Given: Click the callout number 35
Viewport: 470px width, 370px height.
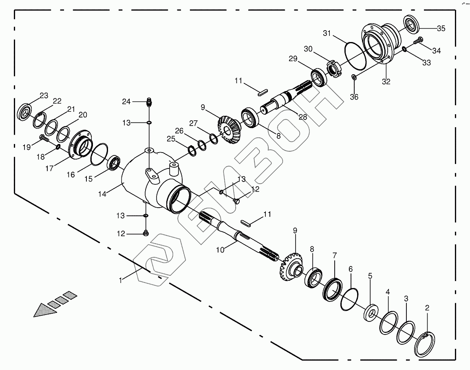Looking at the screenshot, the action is (x=441, y=29).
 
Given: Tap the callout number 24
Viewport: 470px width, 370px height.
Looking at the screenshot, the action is (x=126, y=102).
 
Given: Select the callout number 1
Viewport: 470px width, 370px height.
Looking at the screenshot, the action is (x=121, y=280).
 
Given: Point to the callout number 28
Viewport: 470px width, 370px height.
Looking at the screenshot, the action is (x=303, y=117).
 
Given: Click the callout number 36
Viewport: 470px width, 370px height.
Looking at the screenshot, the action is (x=354, y=97).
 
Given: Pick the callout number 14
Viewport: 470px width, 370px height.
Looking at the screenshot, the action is (x=102, y=194).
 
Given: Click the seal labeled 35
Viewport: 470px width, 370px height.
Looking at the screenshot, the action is (x=412, y=24).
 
